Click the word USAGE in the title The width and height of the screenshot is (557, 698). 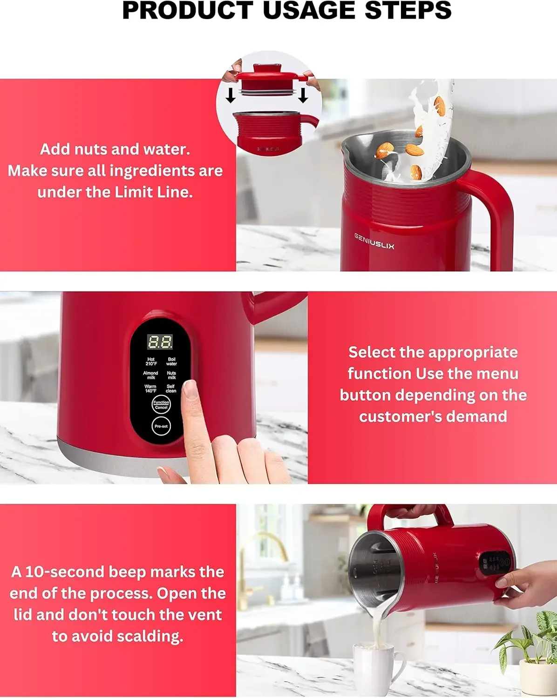click(311, 10)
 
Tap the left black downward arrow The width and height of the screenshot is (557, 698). click(230, 95)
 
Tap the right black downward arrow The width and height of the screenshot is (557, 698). click(303, 95)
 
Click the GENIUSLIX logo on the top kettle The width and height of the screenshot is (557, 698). click(374, 241)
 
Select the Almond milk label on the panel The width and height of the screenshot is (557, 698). click(150, 375)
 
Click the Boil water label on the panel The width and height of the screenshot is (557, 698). click(171, 362)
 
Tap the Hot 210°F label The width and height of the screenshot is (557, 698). click(151, 362)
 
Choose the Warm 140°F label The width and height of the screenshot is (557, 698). click(150, 389)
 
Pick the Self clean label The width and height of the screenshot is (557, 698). click(171, 389)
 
